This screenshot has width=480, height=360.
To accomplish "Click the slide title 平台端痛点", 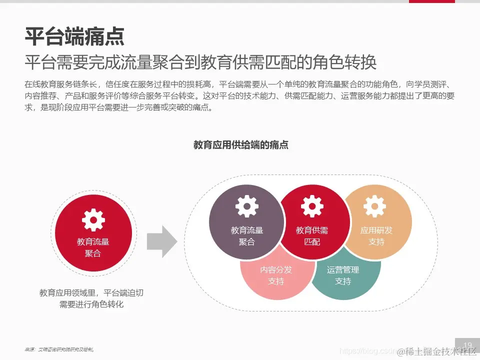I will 74,36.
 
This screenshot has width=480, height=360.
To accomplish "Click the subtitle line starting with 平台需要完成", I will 200,62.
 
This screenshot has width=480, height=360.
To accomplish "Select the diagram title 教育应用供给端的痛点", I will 241,145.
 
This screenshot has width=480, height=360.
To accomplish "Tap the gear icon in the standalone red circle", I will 93,219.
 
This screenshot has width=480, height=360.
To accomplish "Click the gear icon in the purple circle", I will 247,206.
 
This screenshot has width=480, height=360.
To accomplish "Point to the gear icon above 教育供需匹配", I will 312,206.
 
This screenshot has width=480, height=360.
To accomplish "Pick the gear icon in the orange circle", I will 374,205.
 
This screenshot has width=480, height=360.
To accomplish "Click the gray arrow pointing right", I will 161,241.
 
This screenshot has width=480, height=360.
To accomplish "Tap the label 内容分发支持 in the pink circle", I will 276,275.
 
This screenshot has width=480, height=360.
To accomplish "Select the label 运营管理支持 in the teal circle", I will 343,275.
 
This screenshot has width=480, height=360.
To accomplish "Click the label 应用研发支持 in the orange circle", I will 376,236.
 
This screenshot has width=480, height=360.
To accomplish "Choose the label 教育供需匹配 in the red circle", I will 312,236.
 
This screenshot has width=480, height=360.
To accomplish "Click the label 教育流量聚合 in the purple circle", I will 247,236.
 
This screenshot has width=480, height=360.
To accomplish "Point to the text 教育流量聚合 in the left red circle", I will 93,247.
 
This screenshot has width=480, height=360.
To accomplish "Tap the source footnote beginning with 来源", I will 59,349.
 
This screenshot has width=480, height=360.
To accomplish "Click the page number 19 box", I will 468,345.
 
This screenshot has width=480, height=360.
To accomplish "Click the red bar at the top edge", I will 431,1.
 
